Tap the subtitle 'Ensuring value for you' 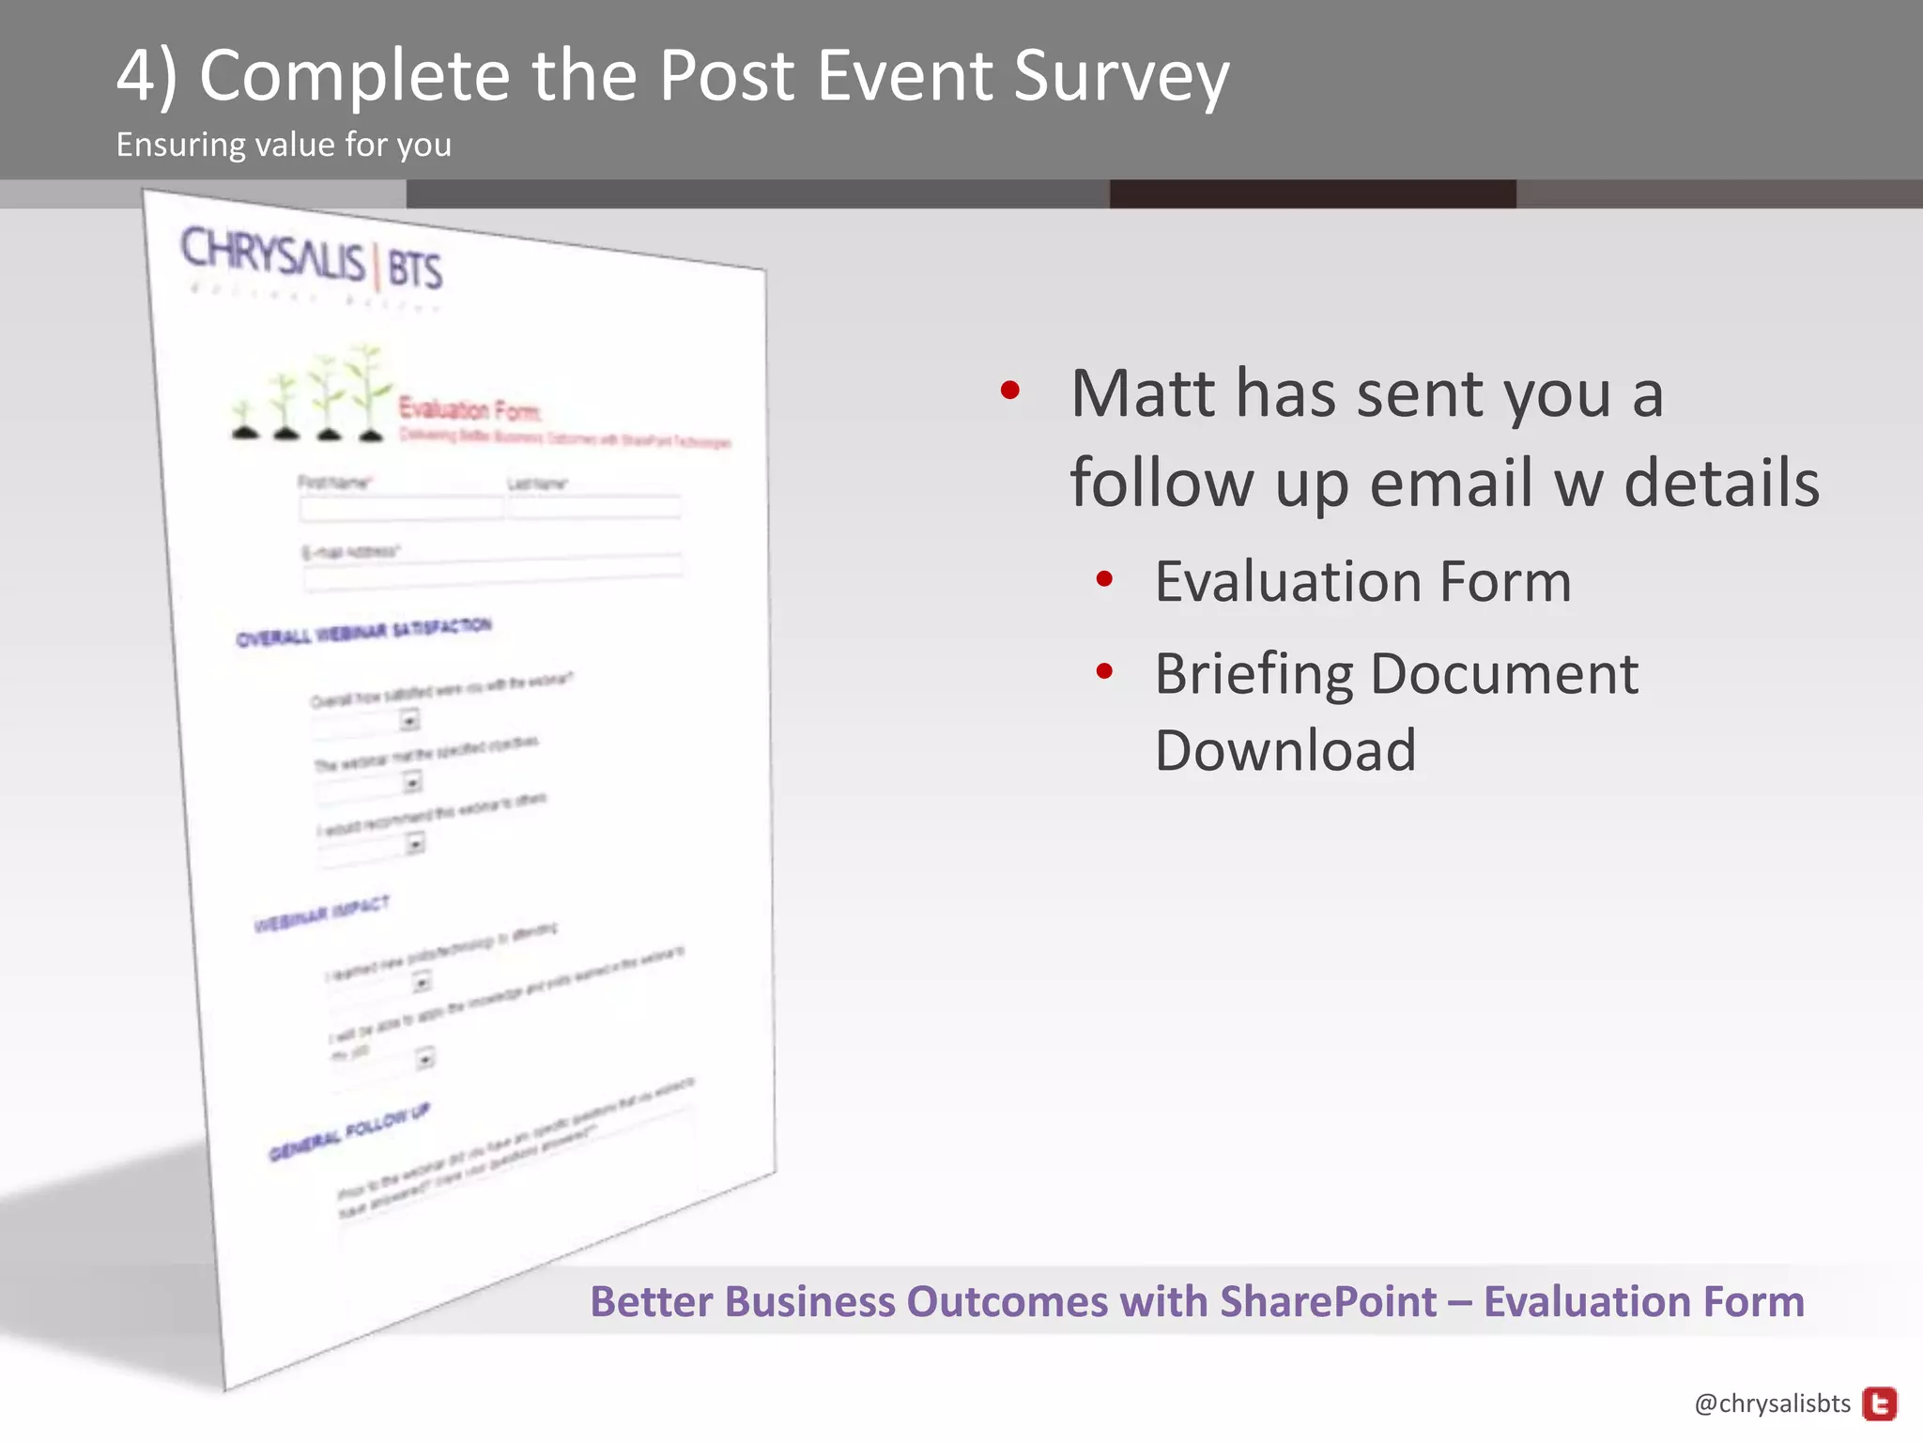(284, 145)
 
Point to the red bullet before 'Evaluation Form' (1104, 579)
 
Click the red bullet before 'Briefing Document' (1104, 671)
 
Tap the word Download (1285, 751)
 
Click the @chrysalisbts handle (1772, 1404)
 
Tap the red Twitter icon (1879, 1404)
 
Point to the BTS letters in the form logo (414, 269)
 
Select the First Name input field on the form (401, 509)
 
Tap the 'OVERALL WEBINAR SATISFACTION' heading (363, 631)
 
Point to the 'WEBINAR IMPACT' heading (321, 913)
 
